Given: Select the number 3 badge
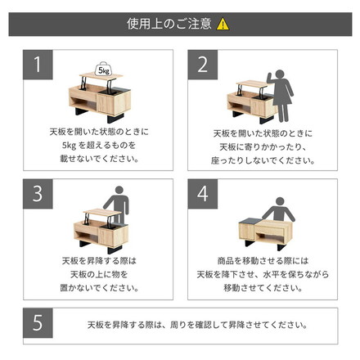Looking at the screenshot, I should click(35, 194).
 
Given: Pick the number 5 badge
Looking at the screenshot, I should click(35, 324).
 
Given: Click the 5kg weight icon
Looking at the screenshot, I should click(104, 70).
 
